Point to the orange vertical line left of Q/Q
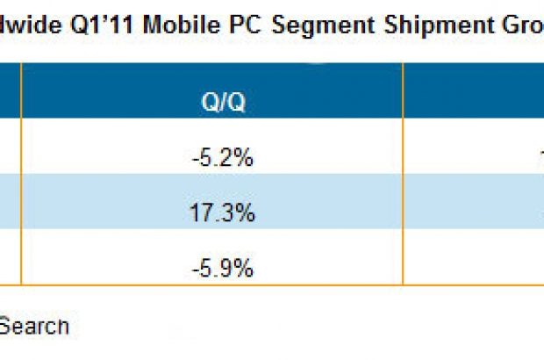pyautogui.click(x=20, y=176)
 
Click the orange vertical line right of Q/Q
pyautogui.click(x=402, y=176)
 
